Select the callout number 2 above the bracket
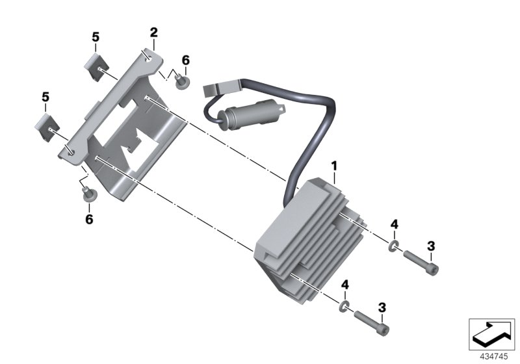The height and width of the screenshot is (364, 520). pos(153,32)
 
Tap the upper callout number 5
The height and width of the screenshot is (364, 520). pos(96,37)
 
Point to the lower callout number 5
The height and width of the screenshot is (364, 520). pos(45,97)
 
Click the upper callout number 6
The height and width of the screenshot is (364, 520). pos(185,60)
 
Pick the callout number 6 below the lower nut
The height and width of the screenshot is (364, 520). pos(89,219)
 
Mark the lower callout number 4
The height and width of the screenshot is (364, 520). pos(346,285)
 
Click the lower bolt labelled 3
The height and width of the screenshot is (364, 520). pos(372,322)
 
